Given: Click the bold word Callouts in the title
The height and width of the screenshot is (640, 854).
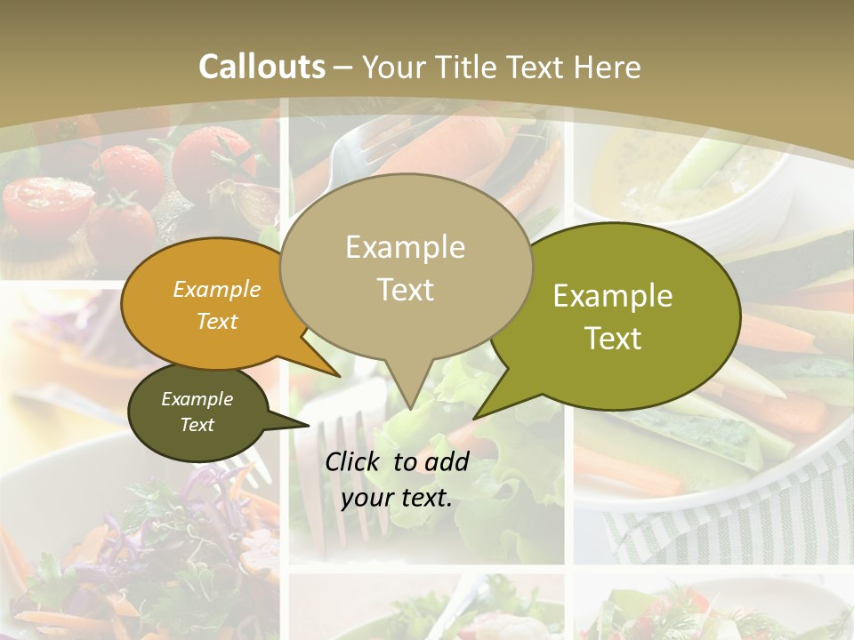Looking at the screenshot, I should (262, 67).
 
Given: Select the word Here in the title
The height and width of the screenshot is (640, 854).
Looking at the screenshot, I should (608, 67).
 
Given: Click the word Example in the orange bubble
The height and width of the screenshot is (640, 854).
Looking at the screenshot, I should (217, 289).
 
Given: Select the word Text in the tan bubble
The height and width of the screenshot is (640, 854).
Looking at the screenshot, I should (406, 289).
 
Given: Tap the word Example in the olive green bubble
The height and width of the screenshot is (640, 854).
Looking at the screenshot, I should (613, 296).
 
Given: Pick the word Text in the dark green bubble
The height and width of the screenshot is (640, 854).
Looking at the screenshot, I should (197, 424).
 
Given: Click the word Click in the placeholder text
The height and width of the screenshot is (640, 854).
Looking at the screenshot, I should (354, 461).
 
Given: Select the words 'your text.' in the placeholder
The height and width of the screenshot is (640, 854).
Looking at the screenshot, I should (397, 498).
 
